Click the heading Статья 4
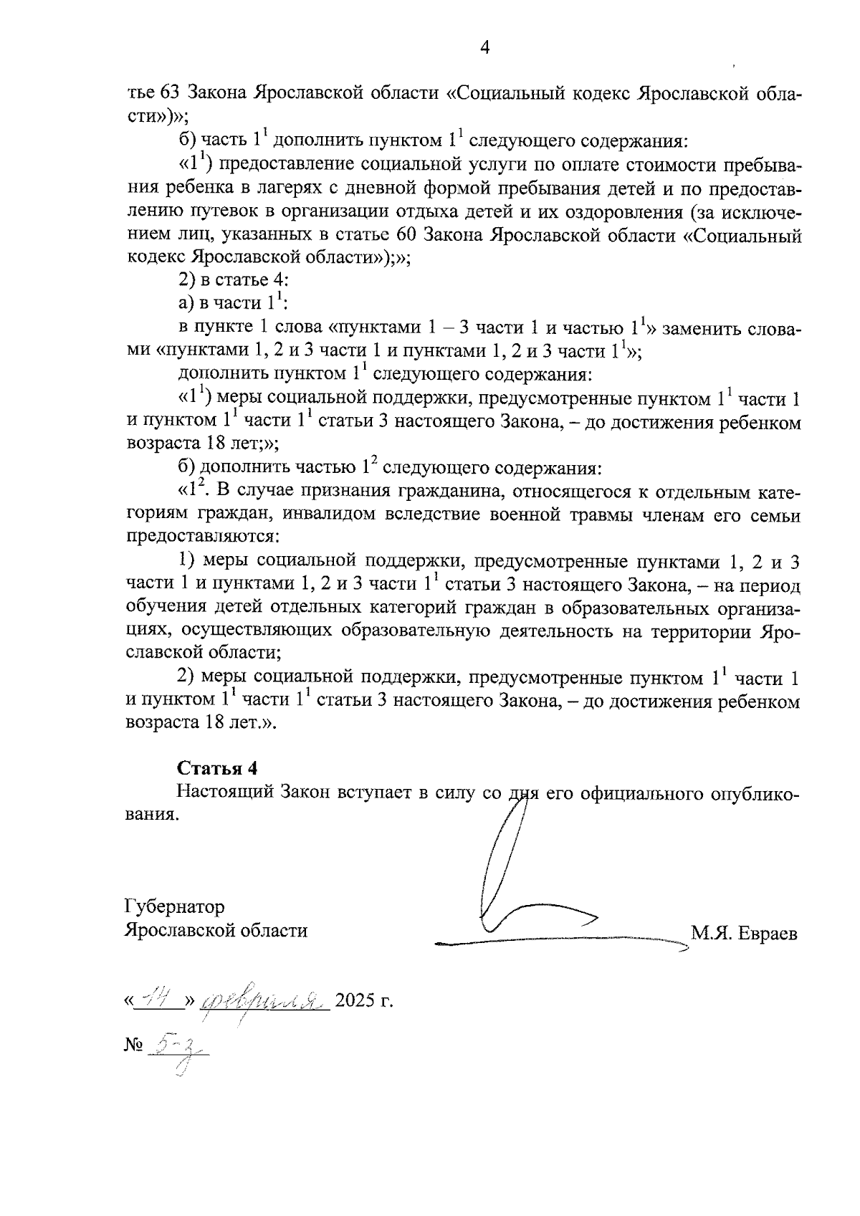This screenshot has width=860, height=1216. point(217,768)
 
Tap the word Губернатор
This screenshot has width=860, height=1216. point(174,907)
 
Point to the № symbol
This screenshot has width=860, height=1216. point(134,1045)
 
